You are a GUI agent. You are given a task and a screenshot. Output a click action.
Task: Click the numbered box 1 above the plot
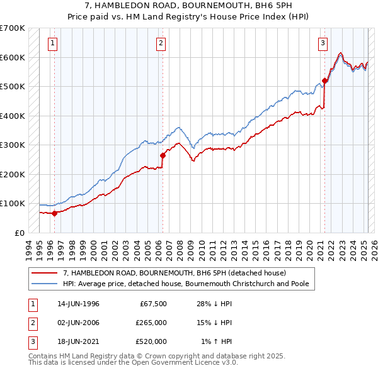point(52,43)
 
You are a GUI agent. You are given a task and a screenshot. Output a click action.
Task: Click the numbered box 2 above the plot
point(161,43)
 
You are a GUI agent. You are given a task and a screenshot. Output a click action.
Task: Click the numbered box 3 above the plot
point(323,43)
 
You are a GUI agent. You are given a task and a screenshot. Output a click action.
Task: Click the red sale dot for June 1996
point(54,213)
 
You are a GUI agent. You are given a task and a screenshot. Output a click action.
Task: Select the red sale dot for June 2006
point(163,155)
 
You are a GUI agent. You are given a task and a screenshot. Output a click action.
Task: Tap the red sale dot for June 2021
point(325,80)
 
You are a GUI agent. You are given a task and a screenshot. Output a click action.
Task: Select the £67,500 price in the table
point(152,304)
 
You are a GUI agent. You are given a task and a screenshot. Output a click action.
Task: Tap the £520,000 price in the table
point(151,341)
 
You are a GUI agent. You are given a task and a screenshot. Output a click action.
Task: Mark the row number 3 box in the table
point(31,341)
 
